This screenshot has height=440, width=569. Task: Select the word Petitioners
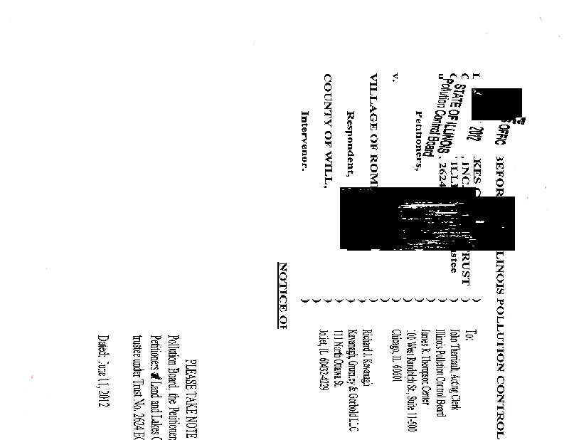point(419,142)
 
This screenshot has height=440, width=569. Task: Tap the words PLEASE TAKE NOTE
point(191,399)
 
